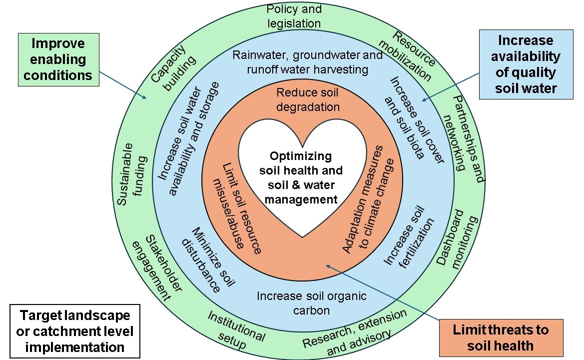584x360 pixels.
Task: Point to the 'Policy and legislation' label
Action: [x=294, y=16]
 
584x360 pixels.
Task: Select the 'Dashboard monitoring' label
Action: [x=455, y=240]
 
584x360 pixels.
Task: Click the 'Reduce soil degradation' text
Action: [x=308, y=99]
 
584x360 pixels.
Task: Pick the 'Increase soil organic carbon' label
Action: [x=311, y=303]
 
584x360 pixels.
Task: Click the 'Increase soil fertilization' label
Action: [x=410, y=235]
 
